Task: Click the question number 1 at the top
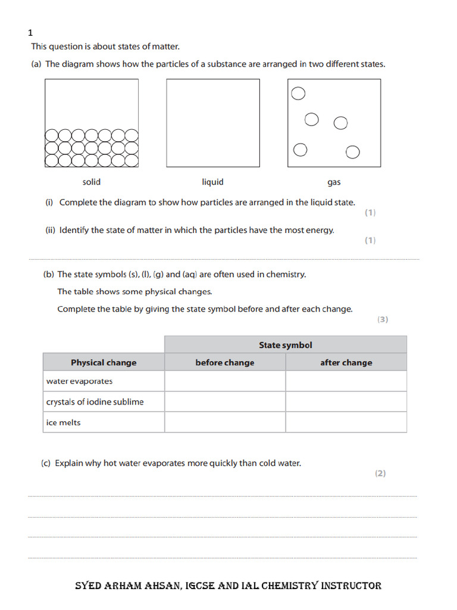(x=30, y=33)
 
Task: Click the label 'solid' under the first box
(x=92, y=182)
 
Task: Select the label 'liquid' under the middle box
(x=212, y=182)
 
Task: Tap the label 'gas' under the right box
(x=334, y=182)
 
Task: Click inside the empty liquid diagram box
(x=212, y=123)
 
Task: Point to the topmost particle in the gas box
(x=298, y=94)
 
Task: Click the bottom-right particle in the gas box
(x=353, y=152)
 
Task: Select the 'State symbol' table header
(x=285, y=345)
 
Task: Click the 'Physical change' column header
(x=104, y=362)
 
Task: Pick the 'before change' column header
(x=224, y=362)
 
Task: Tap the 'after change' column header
(x=346, y=362)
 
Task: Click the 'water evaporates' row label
(x=79, y=381)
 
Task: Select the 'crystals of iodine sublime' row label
(x=95, y=402)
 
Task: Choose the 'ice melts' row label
(x=63, y=422)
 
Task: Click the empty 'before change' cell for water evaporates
(x=224, y=381)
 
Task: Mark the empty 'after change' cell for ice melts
(x=346, y=422)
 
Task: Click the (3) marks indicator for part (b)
(x=382, y=319)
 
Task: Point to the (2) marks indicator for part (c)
(x=380, y=474)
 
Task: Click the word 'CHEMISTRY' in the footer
(x=286, y=586)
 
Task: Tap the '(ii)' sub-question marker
(x=51, y=230)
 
